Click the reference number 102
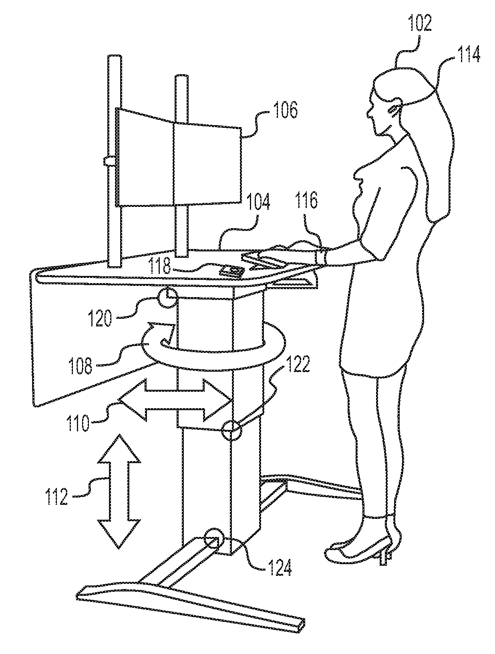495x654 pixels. point(420,24)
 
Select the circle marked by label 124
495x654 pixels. point(213,542)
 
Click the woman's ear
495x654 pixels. point(393,109)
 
